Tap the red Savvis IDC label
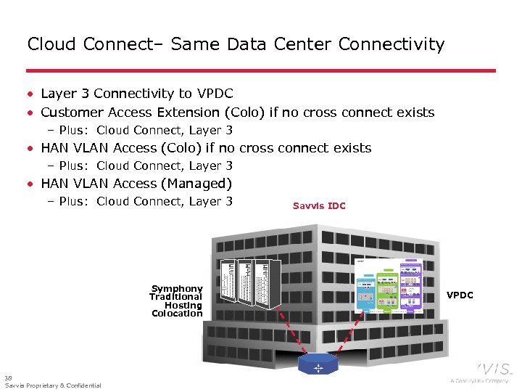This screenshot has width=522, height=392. (x=319, y=206)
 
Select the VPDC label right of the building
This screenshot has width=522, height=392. (x=460, y=295)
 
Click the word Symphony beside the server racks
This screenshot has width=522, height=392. (x=177, y=289)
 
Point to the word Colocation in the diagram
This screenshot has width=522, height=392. (x=177, y=314)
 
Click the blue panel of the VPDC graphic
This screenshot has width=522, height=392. (x=367, y=294)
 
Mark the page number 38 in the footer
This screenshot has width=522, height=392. (x=8, y=377)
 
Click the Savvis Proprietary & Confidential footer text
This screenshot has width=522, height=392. (x=53, y=385)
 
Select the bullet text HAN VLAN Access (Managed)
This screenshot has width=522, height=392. (x=136, y=184)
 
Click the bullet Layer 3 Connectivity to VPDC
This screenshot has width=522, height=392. (x=137, y=94)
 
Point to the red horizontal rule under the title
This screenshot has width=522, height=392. (x=261, y=70)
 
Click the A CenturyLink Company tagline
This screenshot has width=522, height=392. (x=479, y=380)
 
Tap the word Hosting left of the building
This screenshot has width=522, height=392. (x=183, y=306)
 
